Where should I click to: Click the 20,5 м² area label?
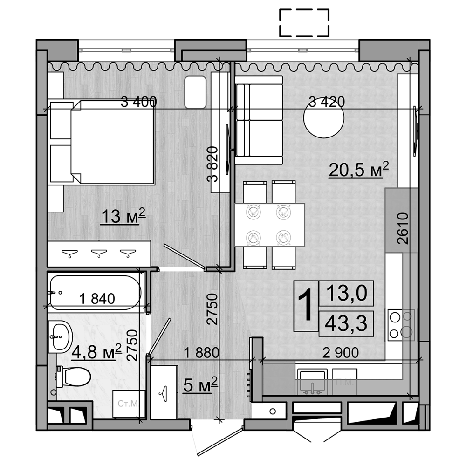tap(358, 171)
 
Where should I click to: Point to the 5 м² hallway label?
tap(200, 385)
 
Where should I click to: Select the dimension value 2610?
tap(403, 229)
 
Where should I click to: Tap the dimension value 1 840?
tap(97, 299)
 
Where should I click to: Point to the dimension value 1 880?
tap(201, 353)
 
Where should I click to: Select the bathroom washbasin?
tap(60, 336)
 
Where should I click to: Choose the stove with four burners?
tap(401, 323)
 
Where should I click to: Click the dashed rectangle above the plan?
tap(304, 23)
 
